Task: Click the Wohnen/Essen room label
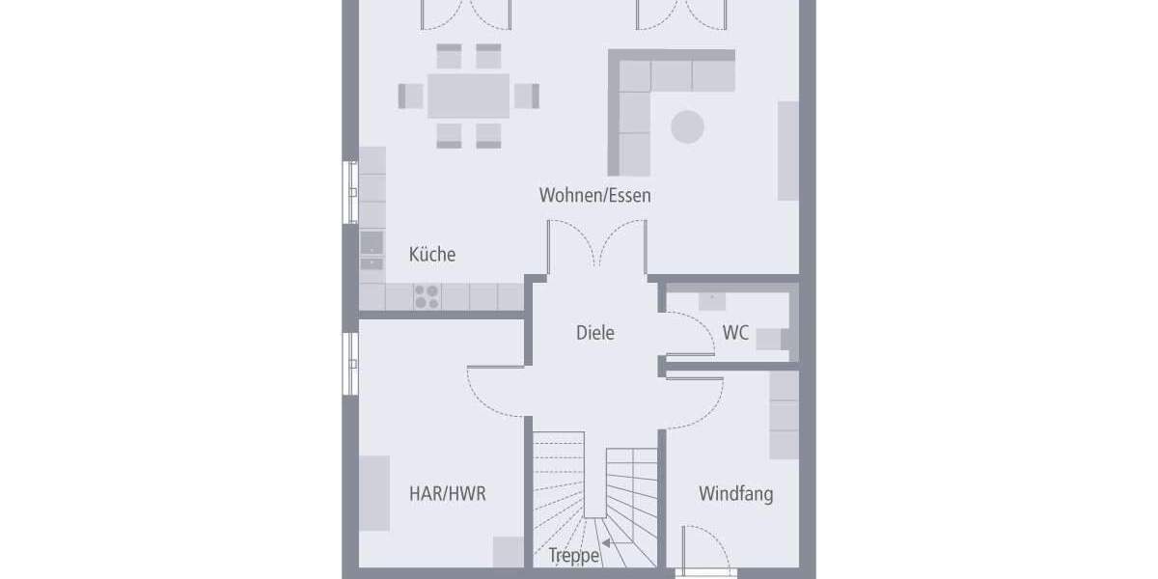[x=594, y=196]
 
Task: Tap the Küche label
[x=431, y=255]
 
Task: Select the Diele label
[x=594, y=333]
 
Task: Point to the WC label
[x=735, y=333]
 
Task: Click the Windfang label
[x=735, y=494]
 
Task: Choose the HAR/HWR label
[x=447, y=494]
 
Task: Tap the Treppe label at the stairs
[x=574, y=556]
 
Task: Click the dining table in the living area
[x=468, y=96]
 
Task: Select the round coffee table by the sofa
[x=688, y=126]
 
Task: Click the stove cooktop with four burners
[x=427, y=295]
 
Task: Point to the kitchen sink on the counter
[x=372, y=250]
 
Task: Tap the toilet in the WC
[x=770, y=339]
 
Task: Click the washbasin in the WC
[x=712, y=298]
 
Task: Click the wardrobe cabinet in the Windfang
[x=784, y=415]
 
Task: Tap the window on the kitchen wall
[x=351, y=193]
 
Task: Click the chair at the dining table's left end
[x=411, y=96]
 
